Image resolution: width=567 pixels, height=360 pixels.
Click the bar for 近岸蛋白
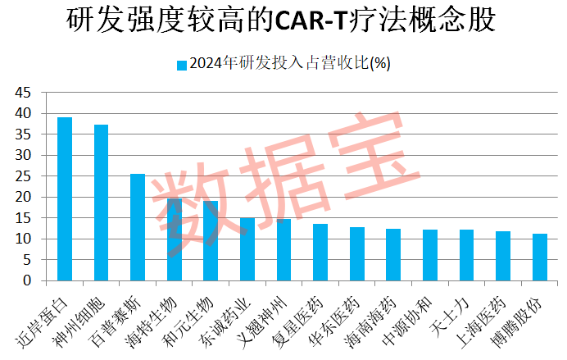[65, 199]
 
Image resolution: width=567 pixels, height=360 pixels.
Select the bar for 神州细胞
[101, 203]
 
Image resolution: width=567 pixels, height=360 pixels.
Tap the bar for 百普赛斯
[138, 227]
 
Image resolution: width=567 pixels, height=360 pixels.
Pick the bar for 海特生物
[174, 239]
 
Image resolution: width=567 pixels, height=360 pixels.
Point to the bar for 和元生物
[211, 241]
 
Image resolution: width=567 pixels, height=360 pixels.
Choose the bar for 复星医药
[320, 253]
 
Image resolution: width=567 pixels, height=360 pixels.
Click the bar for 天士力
[466, 255]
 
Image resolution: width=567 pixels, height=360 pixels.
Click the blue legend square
[181, 65]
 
